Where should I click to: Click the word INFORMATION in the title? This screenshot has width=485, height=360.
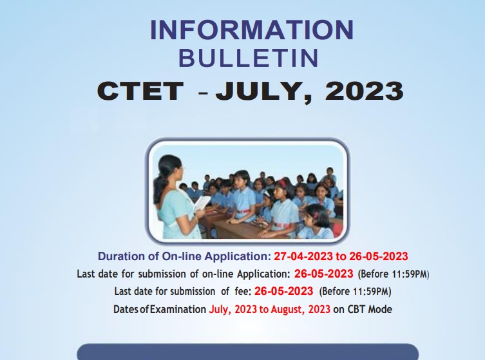coord(252,30)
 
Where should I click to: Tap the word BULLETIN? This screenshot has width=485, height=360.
coord(249,59)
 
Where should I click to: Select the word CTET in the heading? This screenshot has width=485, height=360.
coord(140,91)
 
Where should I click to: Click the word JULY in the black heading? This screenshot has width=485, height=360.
coord(262,91)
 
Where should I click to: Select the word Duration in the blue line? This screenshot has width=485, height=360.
coord(122,255)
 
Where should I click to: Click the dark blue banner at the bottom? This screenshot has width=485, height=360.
coord(248,352)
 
